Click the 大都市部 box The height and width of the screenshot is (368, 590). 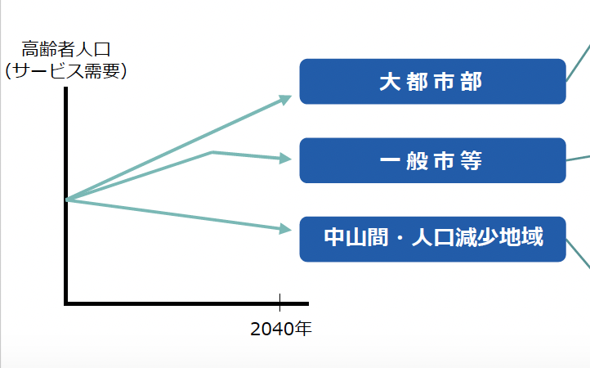pyautogui.click(x=433, y=81)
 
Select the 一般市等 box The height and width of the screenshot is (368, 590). pyautogui.click(x=433, y=160)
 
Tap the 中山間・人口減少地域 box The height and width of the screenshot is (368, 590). pyautogui.click(x=433, y=239)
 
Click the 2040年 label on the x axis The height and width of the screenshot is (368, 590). pyautogui.click(x=281, y=329)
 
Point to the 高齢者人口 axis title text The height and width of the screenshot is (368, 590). pyautogui.click(x=66, y=49)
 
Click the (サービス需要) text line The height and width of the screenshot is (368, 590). pyautogui.click(x=66, y=71)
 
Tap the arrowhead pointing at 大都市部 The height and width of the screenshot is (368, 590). pyautogui.click(x=285, y=100)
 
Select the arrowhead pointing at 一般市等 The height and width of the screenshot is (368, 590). pyautogui.click(x=285, y=158)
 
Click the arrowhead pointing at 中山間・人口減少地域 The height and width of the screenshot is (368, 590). pyautogui.click(x=285, y=229)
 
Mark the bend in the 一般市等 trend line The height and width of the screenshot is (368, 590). pyautogui.click(x=212, y=152)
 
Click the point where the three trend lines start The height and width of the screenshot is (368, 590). pyautogui.click(x=67, y=200)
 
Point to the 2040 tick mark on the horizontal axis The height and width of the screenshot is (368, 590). pyautogui.click(x=279, y=303)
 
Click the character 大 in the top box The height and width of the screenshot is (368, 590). pyautogui.click(x=390, y=82)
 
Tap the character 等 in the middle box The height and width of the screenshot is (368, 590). pyautogui.click(x=471, y=161)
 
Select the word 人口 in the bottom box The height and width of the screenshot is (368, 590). pyautogui.click(x=433, y=237)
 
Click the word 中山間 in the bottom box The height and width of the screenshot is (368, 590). pyautogui.click(x=356, y=237)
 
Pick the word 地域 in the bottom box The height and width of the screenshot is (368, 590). pyautogui.click(x=521, y=237)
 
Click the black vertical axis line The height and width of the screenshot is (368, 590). pyautogui.click(x=66, y=195)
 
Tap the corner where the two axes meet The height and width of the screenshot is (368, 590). pyautogui.click(x=66, y=303)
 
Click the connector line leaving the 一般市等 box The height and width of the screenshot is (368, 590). pyautogui.click(x=578, y=158)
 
